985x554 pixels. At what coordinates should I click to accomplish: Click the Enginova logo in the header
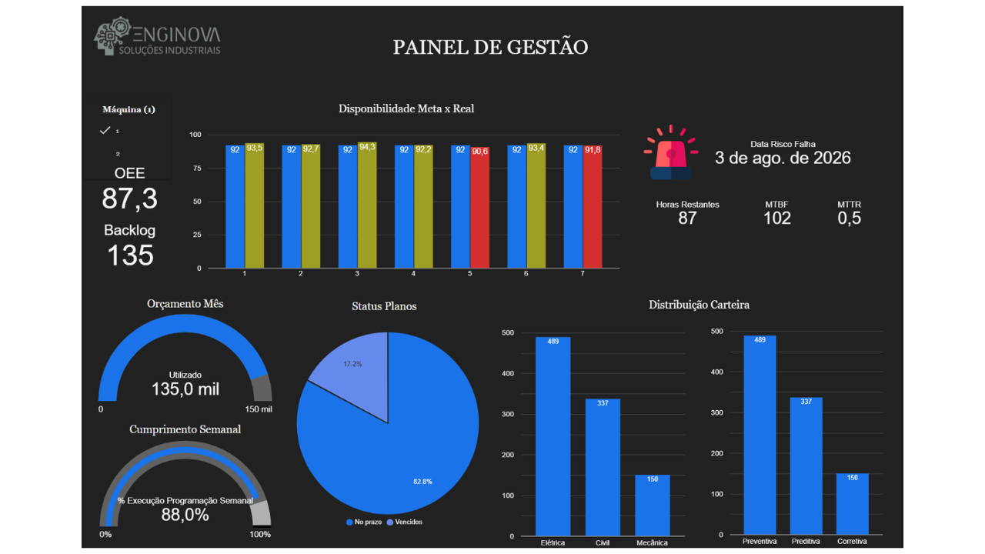(157, 37)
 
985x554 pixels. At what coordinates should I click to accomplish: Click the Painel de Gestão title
(490, 47)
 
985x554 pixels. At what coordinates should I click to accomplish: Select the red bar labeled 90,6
(479, 208)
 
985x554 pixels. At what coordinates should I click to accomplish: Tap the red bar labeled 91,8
(593, 208)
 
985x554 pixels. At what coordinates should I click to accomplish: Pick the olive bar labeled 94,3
(367, 206)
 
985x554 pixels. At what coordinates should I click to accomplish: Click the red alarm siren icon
(671, 154)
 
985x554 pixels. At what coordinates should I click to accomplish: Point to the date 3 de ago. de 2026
(783, 158)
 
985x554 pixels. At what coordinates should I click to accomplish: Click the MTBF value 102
(776, 219)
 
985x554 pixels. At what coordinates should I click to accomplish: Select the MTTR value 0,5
(849, 219)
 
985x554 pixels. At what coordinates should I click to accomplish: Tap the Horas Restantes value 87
(687, 219)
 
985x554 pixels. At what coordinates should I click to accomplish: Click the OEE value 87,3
(129, 199)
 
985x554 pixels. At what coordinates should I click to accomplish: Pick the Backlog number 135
(130, 255)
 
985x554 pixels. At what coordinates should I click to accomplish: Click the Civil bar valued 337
(603, 466)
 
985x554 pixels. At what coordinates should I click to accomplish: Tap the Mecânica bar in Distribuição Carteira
(653, 505)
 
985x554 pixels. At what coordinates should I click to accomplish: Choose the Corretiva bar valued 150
(852, 503)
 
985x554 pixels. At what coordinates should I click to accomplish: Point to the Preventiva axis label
(759, 541)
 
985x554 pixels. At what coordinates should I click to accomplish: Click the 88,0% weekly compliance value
(185, 516)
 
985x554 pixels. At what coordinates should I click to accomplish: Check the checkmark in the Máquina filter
(105, 131)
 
